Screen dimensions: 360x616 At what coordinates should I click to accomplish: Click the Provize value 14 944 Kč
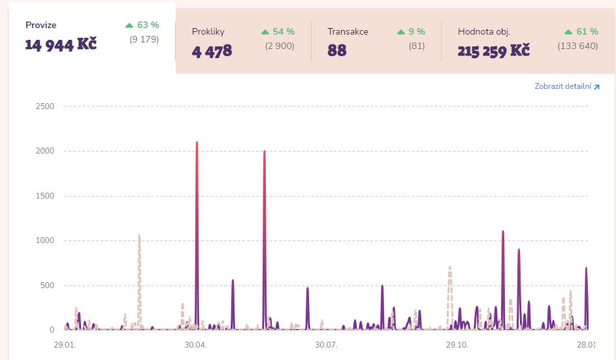pos(61,45)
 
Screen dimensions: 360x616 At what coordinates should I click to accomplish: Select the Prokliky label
pos(208,31)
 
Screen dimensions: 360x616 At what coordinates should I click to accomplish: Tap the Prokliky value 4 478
pos(212,51)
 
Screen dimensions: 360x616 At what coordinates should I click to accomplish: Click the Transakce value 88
pos(337,51)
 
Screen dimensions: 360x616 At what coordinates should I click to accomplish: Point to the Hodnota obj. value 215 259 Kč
pos(493,51)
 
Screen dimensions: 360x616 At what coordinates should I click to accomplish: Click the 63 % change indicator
pos(142,25)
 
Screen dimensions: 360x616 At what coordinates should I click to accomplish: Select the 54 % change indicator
pos(278,31)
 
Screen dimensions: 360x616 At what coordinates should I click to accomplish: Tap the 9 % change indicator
pos(412,31)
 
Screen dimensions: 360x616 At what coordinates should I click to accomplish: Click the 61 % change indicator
pos(580,31)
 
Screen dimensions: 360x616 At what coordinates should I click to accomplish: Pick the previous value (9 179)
pos(144,39)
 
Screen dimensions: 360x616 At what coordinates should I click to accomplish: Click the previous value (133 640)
pos(577,46)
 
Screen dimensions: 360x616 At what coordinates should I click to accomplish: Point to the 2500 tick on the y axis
pos(44,106)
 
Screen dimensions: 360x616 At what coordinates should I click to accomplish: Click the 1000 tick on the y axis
pos(44,240)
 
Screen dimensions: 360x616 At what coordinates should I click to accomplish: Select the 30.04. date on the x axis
pos(196,344)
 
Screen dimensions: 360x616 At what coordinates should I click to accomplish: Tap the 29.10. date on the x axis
pos(457,344)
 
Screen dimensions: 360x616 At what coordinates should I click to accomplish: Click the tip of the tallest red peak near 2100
pos(197,142)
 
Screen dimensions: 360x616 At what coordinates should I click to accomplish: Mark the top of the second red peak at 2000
pos(265,152)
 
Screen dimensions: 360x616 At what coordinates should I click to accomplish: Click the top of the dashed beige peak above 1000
pos(139,235)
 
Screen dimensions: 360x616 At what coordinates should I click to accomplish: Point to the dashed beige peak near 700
pos(450,267)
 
